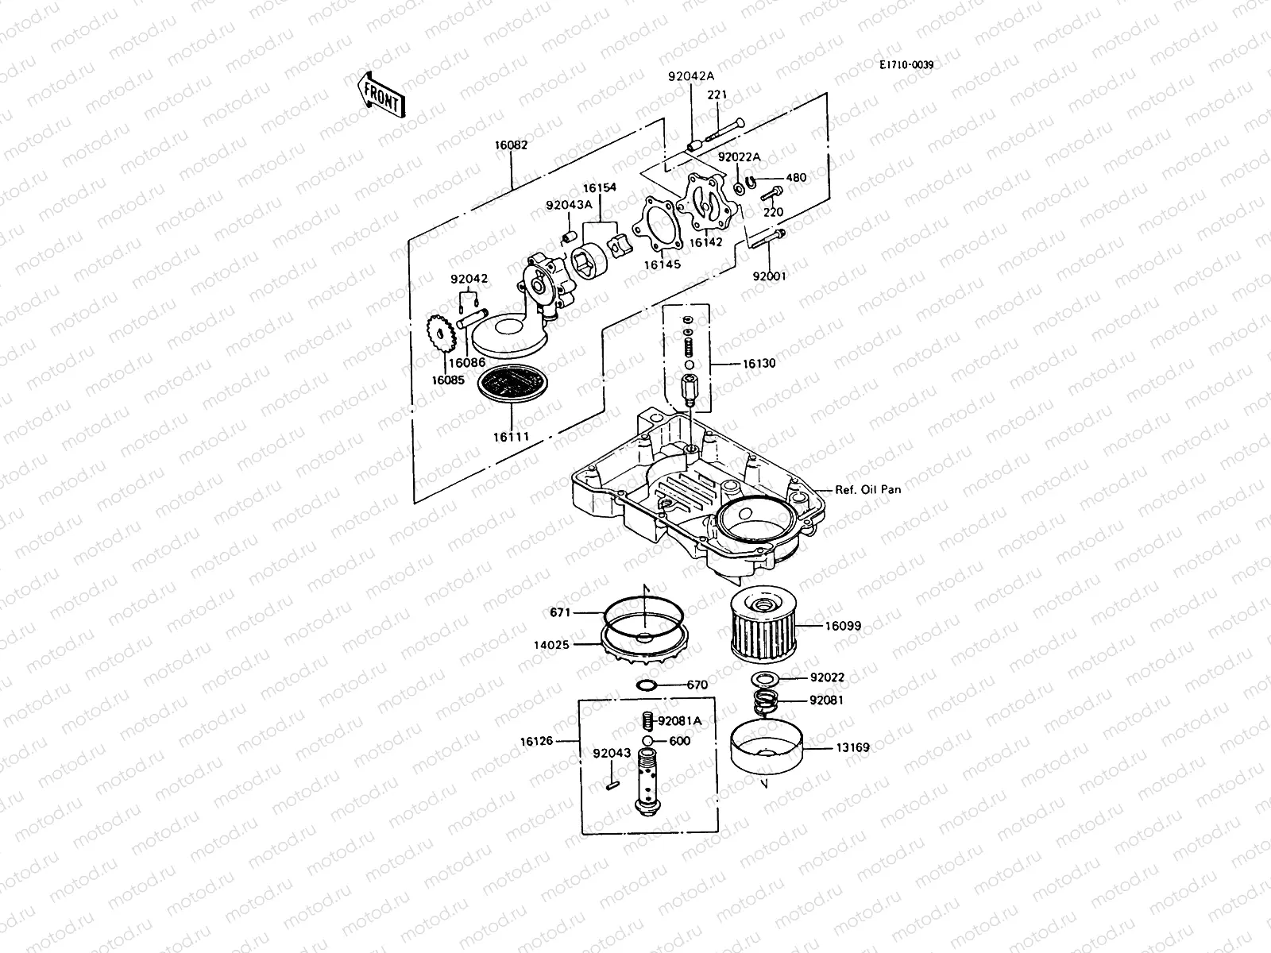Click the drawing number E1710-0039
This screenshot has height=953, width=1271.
(906, 65)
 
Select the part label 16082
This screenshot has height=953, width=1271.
(511, 145)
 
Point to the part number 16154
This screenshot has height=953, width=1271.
(599, 188)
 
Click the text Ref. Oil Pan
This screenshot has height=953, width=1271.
(867, 490)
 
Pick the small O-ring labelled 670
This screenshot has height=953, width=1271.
(647, 685)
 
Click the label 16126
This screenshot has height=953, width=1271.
(537, 742)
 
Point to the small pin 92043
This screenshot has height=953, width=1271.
(611, 786)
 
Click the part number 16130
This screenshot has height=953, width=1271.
(759, 363)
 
